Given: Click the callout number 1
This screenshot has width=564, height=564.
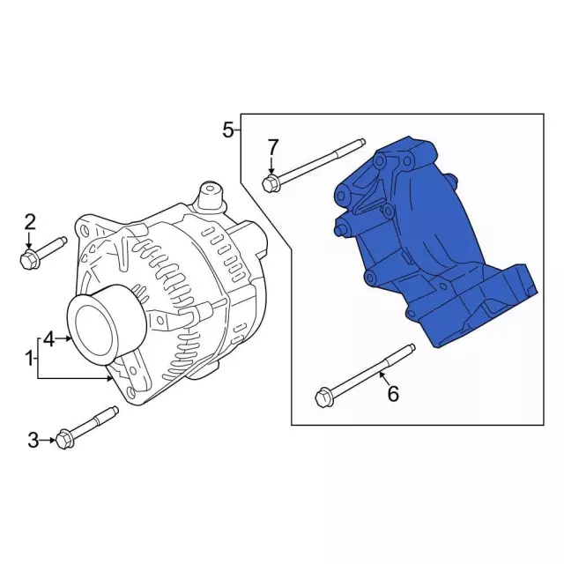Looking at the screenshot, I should click(x=29, y=359).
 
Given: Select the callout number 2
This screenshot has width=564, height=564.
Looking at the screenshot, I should click(x=29, y=221).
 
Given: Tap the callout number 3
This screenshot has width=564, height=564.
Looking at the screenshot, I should click(x=33, y=440).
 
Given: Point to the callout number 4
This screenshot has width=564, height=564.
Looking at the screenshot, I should click(x=49, y=338).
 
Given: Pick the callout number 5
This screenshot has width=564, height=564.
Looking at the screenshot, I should click(x=228, y=131).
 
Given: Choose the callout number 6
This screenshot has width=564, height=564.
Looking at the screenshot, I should click(x=393, y=394).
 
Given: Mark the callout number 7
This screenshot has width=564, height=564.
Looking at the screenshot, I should click(x=272, y=145).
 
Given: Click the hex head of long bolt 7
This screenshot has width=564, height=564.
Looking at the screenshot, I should click(x=271, y=183).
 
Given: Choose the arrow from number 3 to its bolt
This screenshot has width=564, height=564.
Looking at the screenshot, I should click(x=49, y=440).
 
